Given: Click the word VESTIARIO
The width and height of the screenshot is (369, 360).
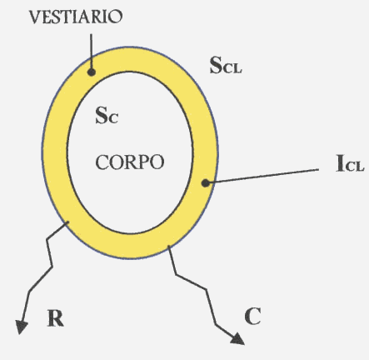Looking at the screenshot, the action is (76, 17).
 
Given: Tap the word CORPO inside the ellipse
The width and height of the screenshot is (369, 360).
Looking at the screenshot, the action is (130, 162).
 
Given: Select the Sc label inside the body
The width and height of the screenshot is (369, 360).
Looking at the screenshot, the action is (107, 115).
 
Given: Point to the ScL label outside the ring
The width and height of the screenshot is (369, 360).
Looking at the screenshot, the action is (226, 65).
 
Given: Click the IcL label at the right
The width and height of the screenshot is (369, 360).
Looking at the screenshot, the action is (350, 163).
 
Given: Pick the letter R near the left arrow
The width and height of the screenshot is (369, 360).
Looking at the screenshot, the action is (56, 318).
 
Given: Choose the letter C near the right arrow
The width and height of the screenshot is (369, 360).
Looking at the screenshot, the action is (252, 316).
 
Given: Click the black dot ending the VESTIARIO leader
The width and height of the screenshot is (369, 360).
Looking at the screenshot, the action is (92, 72).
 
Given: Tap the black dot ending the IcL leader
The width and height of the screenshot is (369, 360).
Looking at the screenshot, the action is (206, 183).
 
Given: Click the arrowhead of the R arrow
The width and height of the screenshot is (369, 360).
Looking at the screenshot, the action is (22, 327).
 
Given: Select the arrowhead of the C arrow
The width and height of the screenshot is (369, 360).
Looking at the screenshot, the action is (237, 339).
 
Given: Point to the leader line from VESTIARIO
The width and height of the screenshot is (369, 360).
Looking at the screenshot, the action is (91, 52).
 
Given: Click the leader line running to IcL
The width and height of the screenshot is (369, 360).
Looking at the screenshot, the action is (263, 176).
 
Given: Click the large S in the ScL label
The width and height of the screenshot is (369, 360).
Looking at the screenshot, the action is (216, 65).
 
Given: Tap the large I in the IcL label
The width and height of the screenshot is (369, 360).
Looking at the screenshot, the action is (340, 163).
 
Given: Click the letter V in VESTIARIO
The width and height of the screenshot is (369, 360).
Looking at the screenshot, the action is (35, 17).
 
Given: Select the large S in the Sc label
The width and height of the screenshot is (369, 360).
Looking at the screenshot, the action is (101, 115).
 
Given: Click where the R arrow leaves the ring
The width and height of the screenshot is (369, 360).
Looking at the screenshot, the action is (67, 222).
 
